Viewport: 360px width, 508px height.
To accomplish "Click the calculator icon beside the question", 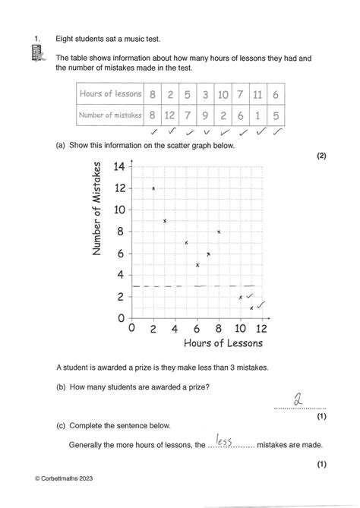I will click(x=36, y=54).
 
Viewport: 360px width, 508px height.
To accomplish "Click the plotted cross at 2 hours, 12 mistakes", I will click(x=154, y=188).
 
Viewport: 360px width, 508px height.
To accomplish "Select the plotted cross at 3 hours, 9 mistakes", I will click(x=165, y=221).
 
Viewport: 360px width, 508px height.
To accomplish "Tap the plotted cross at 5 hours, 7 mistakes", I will click(x=186, y=243).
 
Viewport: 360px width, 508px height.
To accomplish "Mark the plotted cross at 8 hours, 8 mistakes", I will click(x=219, y=232).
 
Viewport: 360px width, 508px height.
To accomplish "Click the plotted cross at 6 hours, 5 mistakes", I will click(x=197, y=264).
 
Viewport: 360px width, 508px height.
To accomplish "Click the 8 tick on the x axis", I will click(x=219, y=329).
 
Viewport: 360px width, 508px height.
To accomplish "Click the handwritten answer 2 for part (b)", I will click(x=298, y=399).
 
